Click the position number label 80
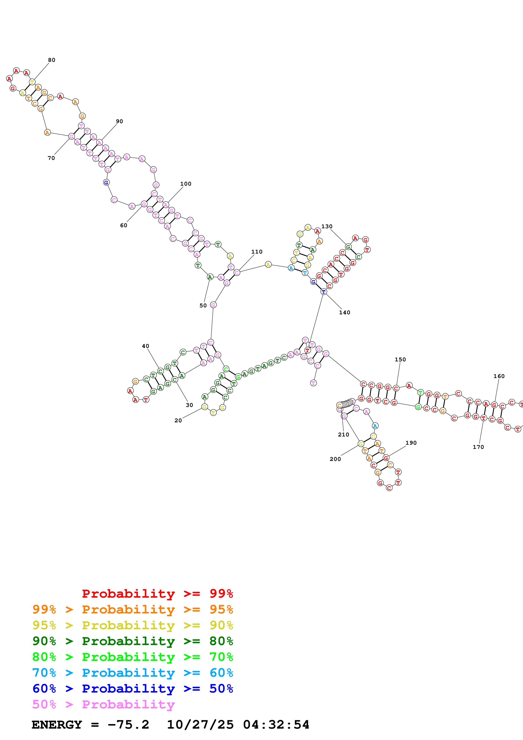51,60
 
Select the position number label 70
51,158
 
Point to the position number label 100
186,184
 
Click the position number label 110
257,252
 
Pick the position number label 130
327,226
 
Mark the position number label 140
345,312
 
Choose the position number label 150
400,359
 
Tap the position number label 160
499,376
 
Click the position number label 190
411,443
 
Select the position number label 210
343,435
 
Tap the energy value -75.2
128,725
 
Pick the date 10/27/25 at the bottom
200,725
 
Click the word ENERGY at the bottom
57,725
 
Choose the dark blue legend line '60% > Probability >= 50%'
132,689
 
